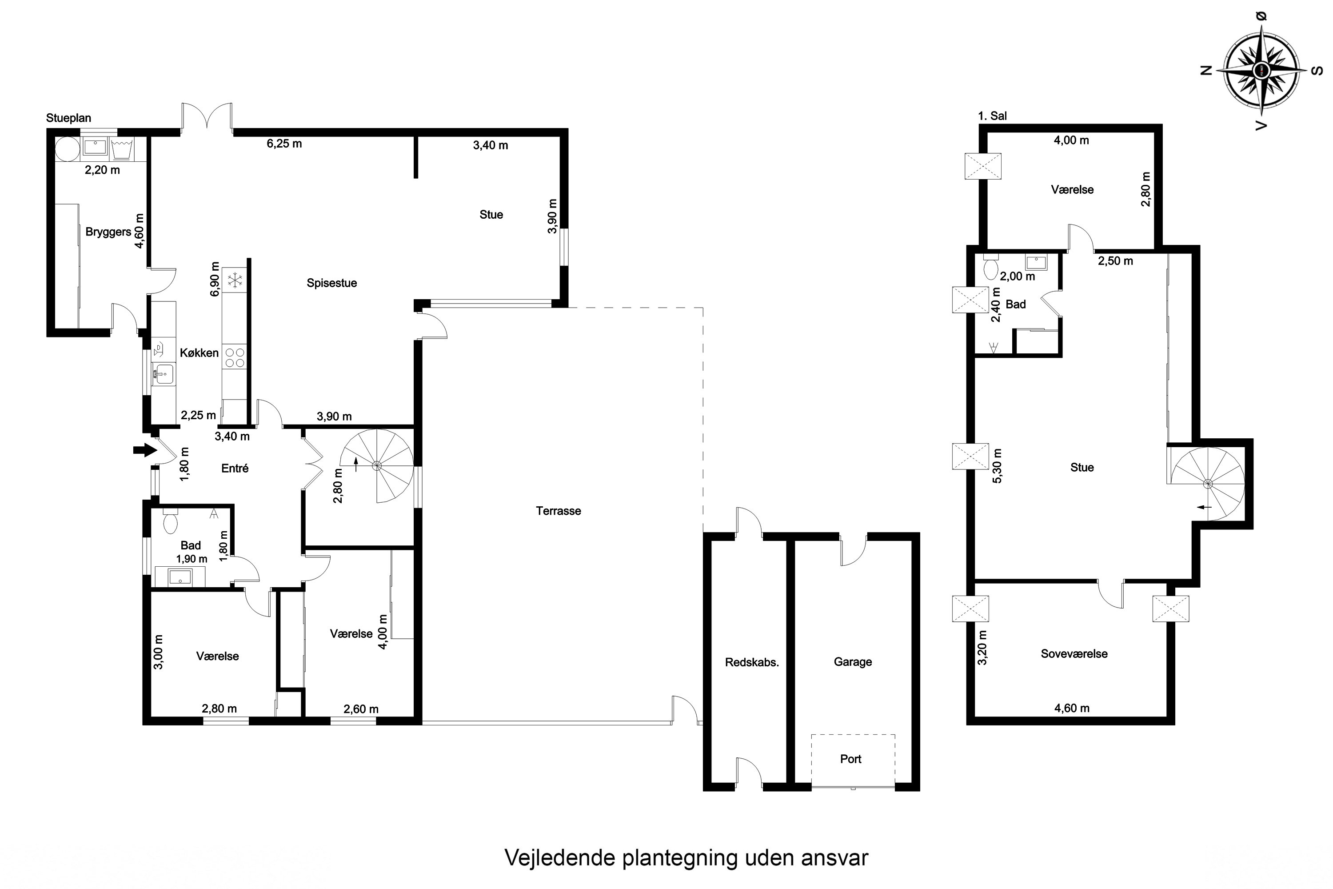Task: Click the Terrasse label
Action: (x=558, y=511)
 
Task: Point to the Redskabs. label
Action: (x=751, y=662)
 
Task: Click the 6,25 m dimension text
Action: (x=284, y=144)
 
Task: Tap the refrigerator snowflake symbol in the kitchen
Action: (x=235, y=280)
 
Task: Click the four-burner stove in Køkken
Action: (x=235, y=358)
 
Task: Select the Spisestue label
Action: (x=331, y=283)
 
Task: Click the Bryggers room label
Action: (x=108, y=232)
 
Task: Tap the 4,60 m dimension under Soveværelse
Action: (x=1071, y=708)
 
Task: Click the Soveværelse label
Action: (x=1074, y=654)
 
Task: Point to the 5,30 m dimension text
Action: (x=998, y=466)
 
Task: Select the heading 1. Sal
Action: (x=992, y=116)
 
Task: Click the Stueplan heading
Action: (x=68, y=118)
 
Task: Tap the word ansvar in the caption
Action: (x=834, y=858)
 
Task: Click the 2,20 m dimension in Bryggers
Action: (x=102, y=170)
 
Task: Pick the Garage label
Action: (x=852, y=662)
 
